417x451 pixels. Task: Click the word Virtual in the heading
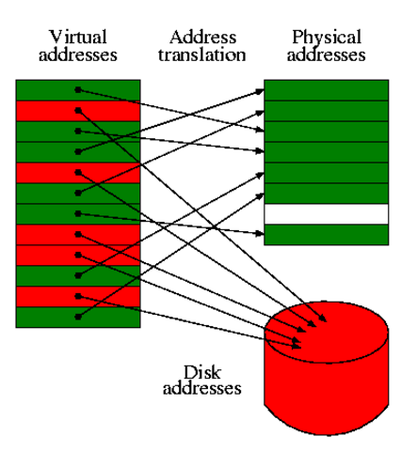tap(77, 37)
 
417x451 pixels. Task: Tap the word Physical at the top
tap(327, 37)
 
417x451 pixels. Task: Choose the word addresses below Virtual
tap(77, 54)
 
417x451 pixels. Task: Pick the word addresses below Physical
tap(327, 54)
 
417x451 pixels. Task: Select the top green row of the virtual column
tap(78, 89)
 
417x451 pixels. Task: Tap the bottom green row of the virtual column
tap(78, 317)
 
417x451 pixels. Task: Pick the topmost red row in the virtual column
tap(78, 110)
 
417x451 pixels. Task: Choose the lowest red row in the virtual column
tap(78, 296)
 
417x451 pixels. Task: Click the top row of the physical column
tap(326, 90)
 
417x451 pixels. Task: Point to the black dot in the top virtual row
tap(78, 90)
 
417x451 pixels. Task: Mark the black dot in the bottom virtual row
tap(78, 317)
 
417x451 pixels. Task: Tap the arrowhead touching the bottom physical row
tap(261, 233)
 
